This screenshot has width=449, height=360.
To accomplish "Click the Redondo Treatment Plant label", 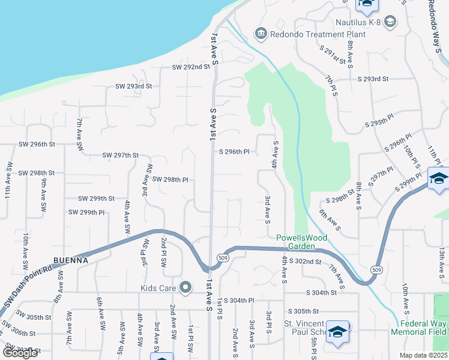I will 318,34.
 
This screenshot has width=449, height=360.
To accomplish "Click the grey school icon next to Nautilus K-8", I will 391,23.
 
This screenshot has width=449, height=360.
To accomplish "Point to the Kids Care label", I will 158,288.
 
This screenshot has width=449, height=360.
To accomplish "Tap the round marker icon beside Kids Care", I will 185,288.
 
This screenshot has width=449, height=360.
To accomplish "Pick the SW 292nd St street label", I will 190,67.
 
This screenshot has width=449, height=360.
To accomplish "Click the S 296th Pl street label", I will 234,152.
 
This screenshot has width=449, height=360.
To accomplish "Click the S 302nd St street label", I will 306,261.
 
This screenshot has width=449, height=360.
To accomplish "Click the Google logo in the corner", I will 20,353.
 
